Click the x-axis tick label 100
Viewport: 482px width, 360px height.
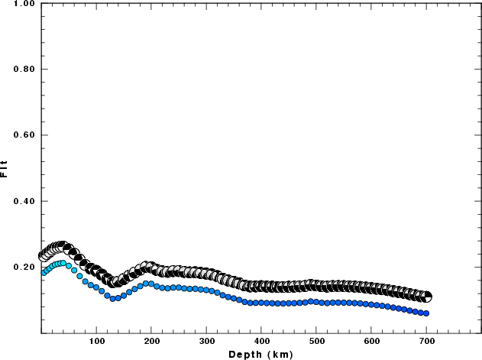[96, 341]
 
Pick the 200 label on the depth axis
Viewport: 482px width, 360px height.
[151, 341]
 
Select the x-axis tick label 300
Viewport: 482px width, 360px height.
[206, 341]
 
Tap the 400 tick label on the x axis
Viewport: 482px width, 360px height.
[261, 341]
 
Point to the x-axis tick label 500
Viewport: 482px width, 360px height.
[316, 341]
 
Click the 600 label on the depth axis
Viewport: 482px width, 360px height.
[371, 341]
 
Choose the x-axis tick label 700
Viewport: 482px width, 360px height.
[426, 341]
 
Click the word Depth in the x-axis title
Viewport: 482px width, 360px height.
[244, 354]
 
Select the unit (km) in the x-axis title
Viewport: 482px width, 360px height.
[277, 354]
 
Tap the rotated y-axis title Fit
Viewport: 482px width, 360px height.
[5, 168]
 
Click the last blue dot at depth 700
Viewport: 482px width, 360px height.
[426, 313]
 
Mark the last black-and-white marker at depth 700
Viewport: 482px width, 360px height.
[427, 297]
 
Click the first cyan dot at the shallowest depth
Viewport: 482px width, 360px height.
[44, 271]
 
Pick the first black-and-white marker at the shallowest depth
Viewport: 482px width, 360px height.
[43, 256]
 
